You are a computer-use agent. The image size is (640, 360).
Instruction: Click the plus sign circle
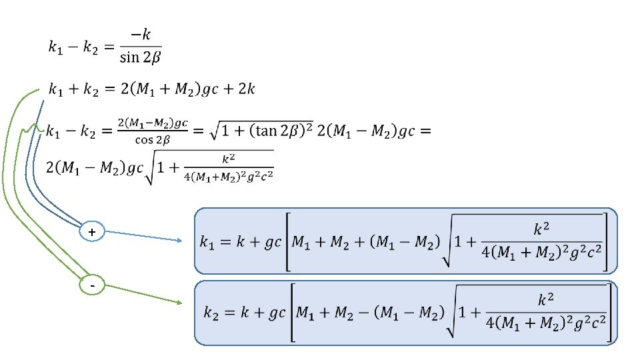click(x=91, y=232)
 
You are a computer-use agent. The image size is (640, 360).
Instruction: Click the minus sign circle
click(x=91, y=286)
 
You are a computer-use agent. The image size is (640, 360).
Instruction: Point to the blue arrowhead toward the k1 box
click(x=178, y=241)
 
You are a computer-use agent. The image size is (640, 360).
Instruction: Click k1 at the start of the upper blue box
click(x=208, y=243)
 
